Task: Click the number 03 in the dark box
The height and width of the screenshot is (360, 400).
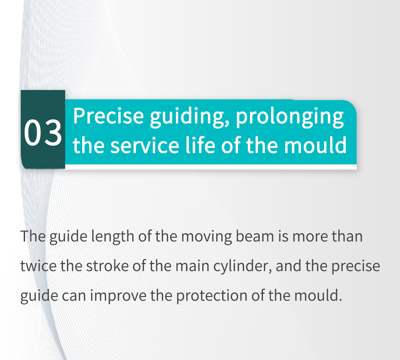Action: (43, 133)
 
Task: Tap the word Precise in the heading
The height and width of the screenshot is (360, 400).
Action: (109, 116)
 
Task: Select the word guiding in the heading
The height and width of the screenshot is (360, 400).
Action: (189, 117)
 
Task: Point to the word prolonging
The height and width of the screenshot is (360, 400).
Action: (290, 117)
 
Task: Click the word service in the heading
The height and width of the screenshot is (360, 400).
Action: (144, 146)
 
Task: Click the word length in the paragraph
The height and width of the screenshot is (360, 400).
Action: (113, 237)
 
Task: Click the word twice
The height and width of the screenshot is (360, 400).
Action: (38, 266)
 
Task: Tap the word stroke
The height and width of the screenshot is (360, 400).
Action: (107, 266)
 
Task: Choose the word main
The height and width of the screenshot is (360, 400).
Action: (192, 266)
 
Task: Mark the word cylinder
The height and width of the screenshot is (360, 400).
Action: (243, 267)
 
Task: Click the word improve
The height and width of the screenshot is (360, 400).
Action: (118, 296)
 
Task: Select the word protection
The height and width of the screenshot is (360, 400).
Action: (212, 296)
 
